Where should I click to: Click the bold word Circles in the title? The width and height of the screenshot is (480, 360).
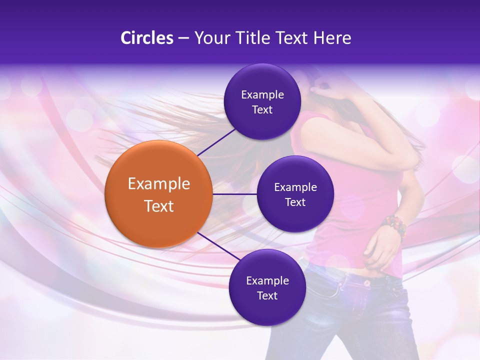click(146, 38)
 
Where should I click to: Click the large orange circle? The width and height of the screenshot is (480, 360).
click(158, 194)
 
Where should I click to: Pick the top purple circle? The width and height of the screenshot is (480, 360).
click(262, 102)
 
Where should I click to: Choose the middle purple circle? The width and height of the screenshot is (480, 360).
click(295, 194)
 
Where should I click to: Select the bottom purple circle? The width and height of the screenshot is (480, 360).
click(267, 288)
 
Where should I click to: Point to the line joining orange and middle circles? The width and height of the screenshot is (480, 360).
click(234, 194)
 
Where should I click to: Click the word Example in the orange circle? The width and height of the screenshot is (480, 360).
click(158, 184)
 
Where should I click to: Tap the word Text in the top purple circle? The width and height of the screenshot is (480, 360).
click(262, 110)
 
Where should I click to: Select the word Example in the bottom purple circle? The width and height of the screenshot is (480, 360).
click(267, 280)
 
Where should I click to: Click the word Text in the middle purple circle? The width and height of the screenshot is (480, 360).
click(295, 202)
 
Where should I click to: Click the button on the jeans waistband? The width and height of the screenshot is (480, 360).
click(367, 283)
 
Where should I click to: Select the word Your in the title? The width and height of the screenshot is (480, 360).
click(209, 38)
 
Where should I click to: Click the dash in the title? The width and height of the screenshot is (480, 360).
click(183, 38)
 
